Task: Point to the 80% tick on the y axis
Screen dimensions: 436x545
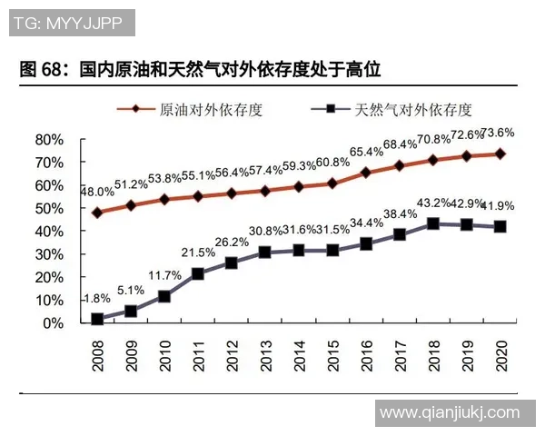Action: click(x=49, y=140)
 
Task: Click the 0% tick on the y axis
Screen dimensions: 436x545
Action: click(x=53, y=323)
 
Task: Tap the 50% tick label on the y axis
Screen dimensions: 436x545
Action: click(x=49, y=208)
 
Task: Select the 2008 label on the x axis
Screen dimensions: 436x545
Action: click(x=97, y=352)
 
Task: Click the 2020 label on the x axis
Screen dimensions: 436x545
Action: click(x=500, y=352)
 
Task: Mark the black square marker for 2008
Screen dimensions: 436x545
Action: click(x=97, y=319)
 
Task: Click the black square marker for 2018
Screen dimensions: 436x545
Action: click(x=433, y=223)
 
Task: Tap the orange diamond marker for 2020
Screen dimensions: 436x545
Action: click(x=500, y=154)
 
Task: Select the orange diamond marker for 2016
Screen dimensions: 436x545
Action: click(x=366, y=173)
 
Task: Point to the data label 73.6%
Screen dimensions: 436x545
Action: click(x=497, y=133)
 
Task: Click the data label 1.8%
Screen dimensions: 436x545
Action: click(x=96, y=299)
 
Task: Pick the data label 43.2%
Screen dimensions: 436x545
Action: click(x=433, y=203)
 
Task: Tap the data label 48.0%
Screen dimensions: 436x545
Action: click(x=97, y=192)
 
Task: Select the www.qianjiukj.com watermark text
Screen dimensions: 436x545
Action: click(x=450, y=412)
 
